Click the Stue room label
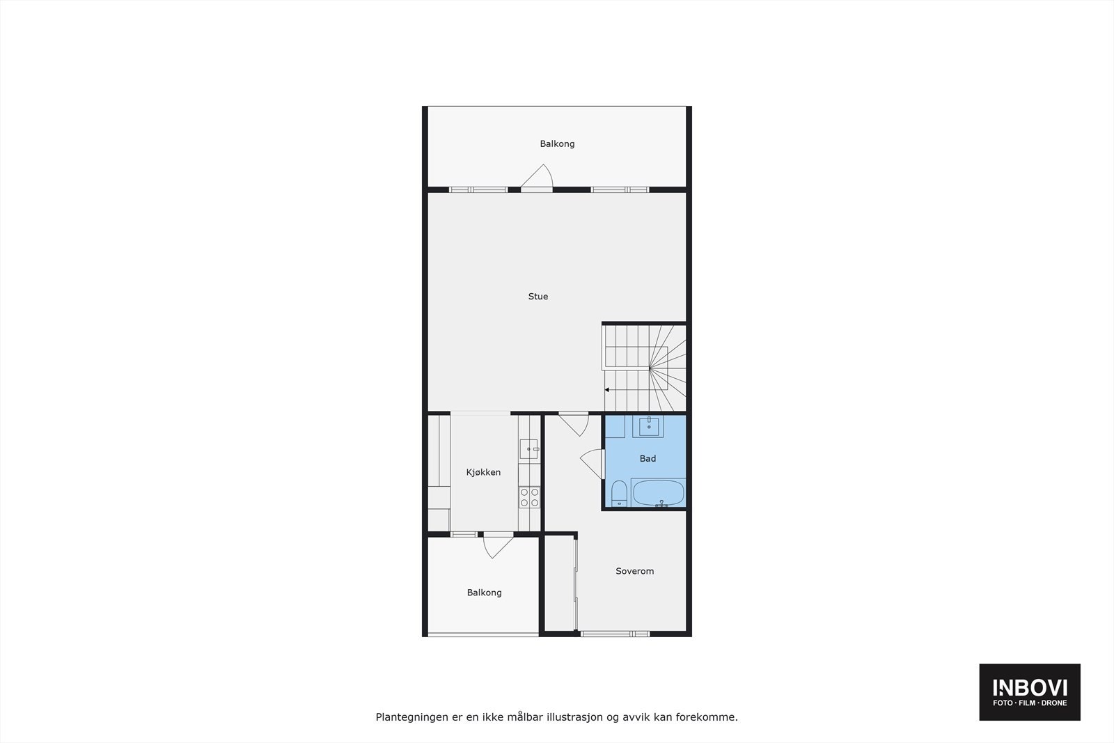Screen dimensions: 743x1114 [x=538, y=297]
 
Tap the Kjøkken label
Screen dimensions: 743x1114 [x=483, y=472]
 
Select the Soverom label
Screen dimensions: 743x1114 [x=634, y=571]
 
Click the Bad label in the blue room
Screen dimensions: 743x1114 [x=648, y=458]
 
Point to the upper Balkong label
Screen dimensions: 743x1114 [x=557, y=144]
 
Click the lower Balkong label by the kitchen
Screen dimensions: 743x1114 [x=484, y=593]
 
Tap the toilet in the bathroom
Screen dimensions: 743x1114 [x=619, y=494]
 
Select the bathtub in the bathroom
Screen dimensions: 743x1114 [x=658, y=492]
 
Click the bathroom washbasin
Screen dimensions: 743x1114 [x=648, y=425]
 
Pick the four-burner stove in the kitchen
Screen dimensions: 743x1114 [x=529, y=496]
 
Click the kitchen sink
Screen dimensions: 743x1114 [x=528, y=449]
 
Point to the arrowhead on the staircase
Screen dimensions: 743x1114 [x=607, y=390]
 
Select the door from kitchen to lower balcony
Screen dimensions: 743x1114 [x=497, y=545]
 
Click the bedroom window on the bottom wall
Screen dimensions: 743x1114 [x=615, y=634]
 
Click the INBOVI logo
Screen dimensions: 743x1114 [x=1030, y=688]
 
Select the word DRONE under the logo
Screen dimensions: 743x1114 [x=1054, y=703]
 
